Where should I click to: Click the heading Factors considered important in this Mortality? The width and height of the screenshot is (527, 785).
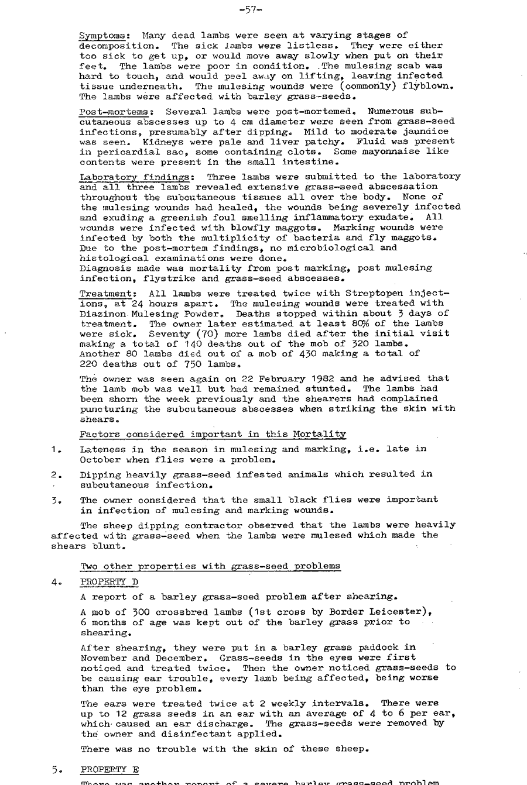pyautogui.click(x=213, y=434)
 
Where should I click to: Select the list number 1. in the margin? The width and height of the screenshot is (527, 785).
pyautogui.click(x=54, y=449)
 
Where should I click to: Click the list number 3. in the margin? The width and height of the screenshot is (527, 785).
pyautogui.click(x=54, y=501)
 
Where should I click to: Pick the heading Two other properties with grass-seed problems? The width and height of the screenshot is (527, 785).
pyautogui.click(x=209, y=566)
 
